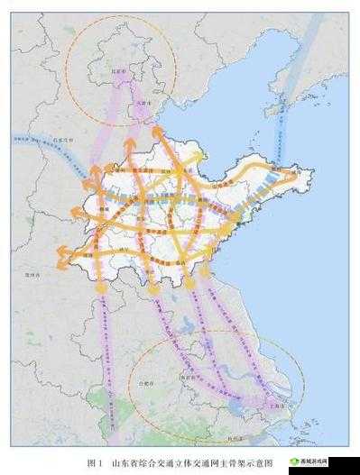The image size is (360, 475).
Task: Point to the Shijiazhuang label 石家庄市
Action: pyautogui.click(x=62, y=141)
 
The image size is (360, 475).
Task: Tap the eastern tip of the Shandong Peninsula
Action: pyautogui.click(x=299, y=174)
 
